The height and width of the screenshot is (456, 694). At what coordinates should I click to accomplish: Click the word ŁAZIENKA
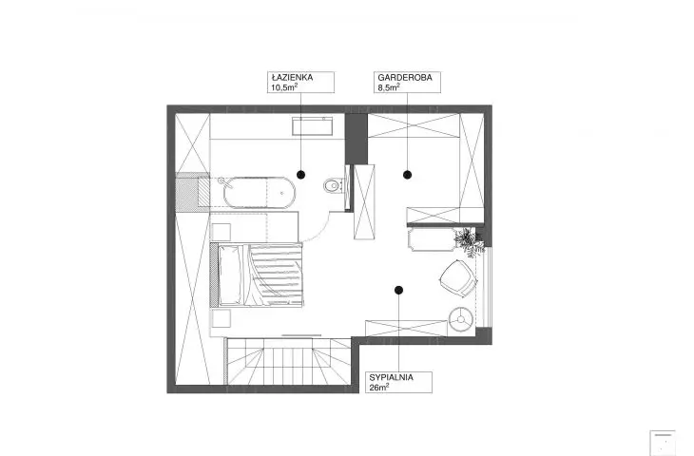click(x=292, y=77)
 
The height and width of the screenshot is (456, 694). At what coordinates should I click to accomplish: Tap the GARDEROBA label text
click(x=405, y=77)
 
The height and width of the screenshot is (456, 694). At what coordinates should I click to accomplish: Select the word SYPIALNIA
click(x=392, y=377)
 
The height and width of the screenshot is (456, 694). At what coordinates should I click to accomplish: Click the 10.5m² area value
click(x=284, y=87)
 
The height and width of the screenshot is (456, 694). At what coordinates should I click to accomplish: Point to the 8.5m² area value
click(x=389, y=87)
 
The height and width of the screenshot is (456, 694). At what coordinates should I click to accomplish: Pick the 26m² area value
click(x=379, y=388)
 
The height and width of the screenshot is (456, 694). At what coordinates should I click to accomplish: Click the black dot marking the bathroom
click(x=301, y=175)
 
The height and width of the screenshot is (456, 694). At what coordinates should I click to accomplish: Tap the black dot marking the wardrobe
click(x=407, y=175)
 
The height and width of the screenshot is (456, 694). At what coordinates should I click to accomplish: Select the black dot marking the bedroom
click(x=398, y=290)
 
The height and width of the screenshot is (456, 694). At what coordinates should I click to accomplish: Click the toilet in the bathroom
click(x=333, y=186)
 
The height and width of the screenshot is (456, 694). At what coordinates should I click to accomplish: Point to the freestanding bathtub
click(x=259, y=193)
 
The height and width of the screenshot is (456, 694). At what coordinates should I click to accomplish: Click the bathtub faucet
click(x=225, y=182)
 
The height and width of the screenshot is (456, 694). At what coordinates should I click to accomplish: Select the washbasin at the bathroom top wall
click(x=313, y=126)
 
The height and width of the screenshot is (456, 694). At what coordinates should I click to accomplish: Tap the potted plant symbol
click(x=469, y=241)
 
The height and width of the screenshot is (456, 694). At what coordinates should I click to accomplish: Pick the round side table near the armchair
click(x=461, y=319)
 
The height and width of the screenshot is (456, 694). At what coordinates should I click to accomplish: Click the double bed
click(x=257, y=275)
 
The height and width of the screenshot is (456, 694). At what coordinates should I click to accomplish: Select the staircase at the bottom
click(x=289, y=361)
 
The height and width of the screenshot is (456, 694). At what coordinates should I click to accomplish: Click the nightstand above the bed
click(x=222, y=232)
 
